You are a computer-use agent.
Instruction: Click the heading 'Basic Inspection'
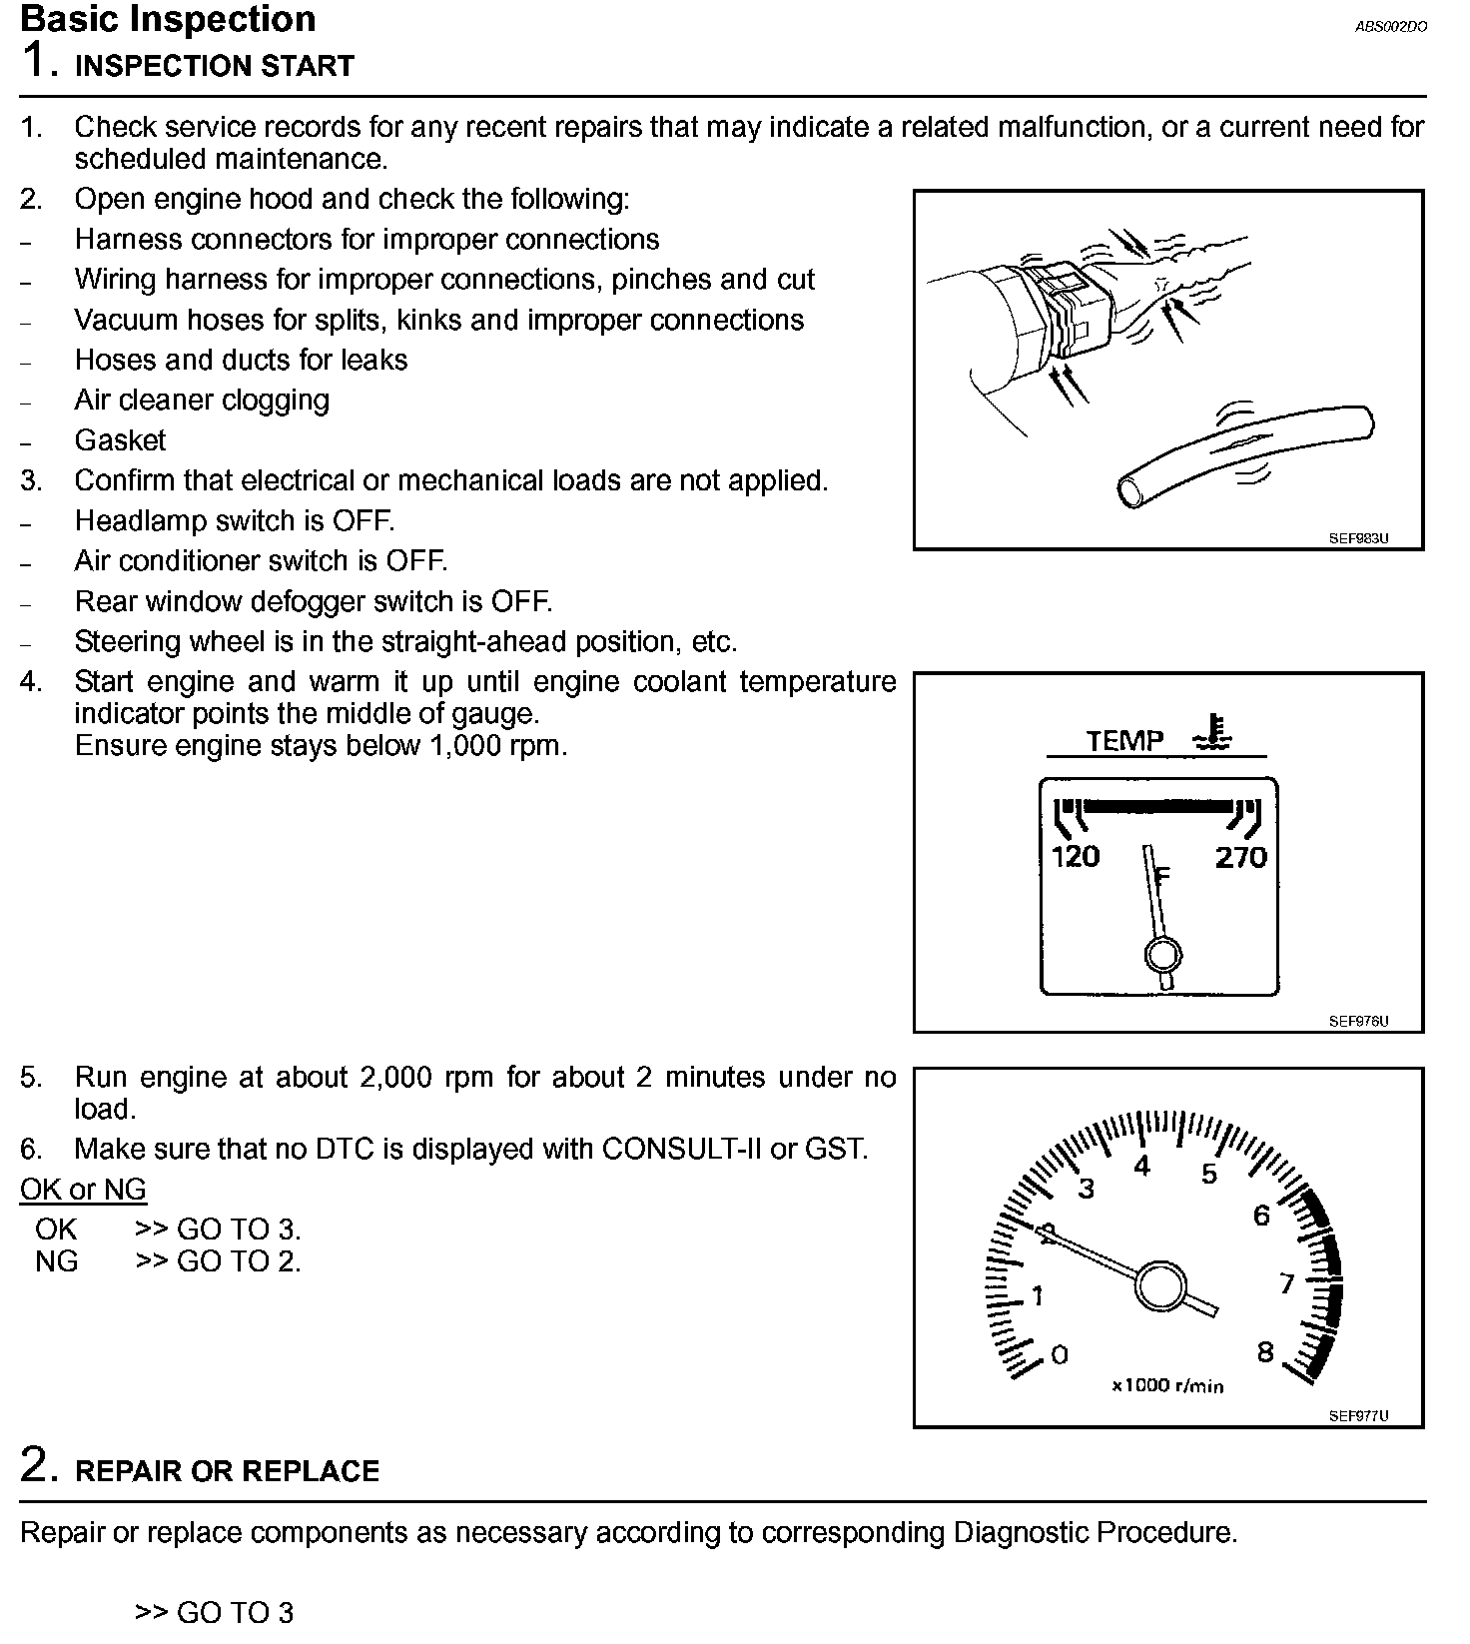(x=168, y=19)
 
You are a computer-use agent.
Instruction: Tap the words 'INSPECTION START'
(x=215, y=66)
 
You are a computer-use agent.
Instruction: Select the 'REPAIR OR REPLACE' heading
(x=228, y=1471)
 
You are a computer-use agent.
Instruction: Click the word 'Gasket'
(x=120, y=440)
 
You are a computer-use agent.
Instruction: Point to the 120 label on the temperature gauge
(x=1076, y=856)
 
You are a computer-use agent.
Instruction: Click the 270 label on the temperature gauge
(x=1240, y=856)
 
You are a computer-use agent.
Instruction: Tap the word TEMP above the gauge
(x=1124, y=740)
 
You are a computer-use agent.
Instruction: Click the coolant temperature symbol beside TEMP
(x=1212, y=733)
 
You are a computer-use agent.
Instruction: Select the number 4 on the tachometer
(x=1142, y=1165)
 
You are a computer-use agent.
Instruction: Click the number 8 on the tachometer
(x=1265, y=1352)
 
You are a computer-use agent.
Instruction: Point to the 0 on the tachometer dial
(x=1060, y=1354)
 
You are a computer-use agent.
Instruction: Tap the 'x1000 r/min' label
(x=1167, y=1386)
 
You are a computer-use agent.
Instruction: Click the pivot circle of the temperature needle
(x=1162, y=956)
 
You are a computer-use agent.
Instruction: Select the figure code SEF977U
(x=1358, y=1415)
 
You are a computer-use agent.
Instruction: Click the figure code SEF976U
(x=1358, y=1021)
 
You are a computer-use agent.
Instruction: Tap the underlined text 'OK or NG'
(x=83, y=1190)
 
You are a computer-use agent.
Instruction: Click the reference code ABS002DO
(x=1390, y=27)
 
